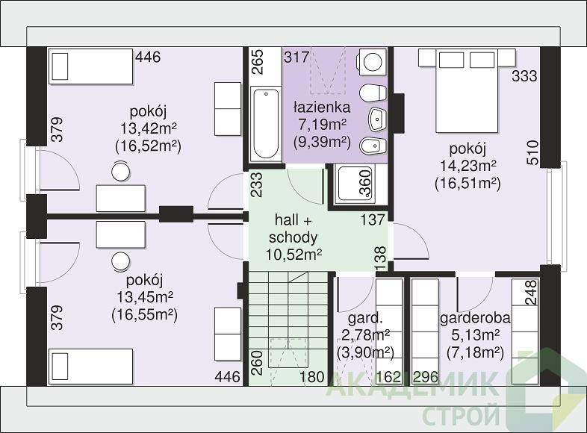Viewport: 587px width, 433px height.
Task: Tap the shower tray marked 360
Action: click(x=355, y=184)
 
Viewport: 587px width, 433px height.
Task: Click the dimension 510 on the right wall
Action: click(x=532, y=153)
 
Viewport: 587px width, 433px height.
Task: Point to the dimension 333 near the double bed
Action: click(x=524, y=76)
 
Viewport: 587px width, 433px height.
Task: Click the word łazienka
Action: click(x=322, y=108)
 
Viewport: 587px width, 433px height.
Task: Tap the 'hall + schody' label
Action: click(x=293, y=228)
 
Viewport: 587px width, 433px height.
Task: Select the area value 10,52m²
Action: click(x=294, y=255)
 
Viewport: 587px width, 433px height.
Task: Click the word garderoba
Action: click(x=475, y=318)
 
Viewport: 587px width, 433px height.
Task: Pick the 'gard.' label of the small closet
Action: click(x=365, y=319)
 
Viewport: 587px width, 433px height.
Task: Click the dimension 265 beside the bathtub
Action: click(x=258, y=62)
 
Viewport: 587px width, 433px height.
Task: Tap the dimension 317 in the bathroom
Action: click(x=296, y=57)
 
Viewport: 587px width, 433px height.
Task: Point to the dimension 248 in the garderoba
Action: click(x=531, y=293)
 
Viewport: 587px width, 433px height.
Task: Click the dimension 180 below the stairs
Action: click(x=312, y=377)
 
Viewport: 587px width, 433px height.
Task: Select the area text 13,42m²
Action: click(x=149, y=128)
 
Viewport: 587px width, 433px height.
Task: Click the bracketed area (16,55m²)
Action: click(x=144, y=315)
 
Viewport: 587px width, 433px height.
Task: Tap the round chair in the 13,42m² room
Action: click(x=120, y=172)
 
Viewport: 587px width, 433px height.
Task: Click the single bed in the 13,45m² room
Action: click(x=91, y=367)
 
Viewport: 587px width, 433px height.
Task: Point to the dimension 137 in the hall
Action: click(x=373, y=219)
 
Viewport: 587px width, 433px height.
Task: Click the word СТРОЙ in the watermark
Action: click(x=462, y=415)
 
